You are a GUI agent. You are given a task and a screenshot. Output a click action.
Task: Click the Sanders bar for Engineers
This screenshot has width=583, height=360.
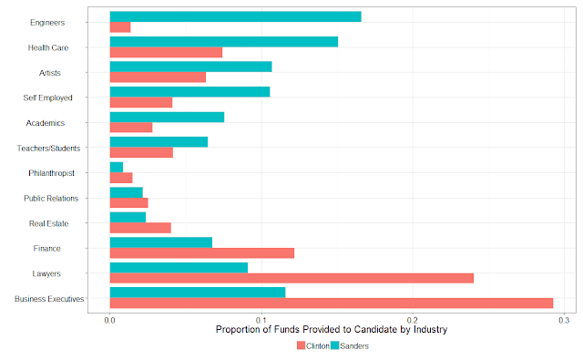click(x=235, y=16)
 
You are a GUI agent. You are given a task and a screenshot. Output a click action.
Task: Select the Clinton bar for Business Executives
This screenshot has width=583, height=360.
click(x=332, y=303)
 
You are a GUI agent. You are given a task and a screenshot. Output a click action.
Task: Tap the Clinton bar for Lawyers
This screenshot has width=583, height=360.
click(x=291, y=278)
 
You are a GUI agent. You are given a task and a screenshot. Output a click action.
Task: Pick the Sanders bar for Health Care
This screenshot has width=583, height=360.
click(x=224, y=42)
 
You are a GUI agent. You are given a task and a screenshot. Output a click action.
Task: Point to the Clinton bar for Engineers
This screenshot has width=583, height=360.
click(x=120, y=27)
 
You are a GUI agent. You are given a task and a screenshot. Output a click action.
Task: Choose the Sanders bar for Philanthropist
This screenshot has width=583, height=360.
click(x=117, y=168)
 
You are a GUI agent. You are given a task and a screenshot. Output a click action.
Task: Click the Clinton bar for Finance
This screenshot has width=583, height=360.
click(x=202, y=252)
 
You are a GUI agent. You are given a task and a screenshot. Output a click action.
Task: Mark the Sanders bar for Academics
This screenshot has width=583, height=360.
click(x=167, y=118)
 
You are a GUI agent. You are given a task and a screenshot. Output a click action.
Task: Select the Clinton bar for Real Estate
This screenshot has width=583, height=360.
click(x=140, y=228)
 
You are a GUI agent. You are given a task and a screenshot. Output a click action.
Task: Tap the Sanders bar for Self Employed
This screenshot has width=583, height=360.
click(x=190, y=92)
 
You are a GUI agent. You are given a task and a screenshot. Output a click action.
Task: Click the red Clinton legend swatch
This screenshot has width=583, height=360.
click(x=302, y=345)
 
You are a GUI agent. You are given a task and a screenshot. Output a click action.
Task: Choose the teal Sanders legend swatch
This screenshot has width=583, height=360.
click(x=335, y=345)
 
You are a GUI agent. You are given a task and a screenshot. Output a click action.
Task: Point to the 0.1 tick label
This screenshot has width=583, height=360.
click(x=261, y=320)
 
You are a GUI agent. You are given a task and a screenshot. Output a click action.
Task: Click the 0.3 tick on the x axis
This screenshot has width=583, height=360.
click(x=564, y=314)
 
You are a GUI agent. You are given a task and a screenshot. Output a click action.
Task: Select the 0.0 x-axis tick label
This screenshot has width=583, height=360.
click(x=110, y=320)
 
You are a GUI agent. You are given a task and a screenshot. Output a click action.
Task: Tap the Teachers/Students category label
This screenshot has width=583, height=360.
click(x=48, y=149)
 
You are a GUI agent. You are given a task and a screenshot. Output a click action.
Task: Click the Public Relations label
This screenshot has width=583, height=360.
click(x=51, y=199)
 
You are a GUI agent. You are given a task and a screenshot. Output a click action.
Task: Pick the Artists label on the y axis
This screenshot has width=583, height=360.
click(x=50, y=73)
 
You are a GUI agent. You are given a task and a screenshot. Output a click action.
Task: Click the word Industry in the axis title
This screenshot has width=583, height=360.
click(x=430, y=330)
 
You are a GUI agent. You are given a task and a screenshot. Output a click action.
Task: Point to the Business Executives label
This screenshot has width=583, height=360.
click(x=49, y=299)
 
